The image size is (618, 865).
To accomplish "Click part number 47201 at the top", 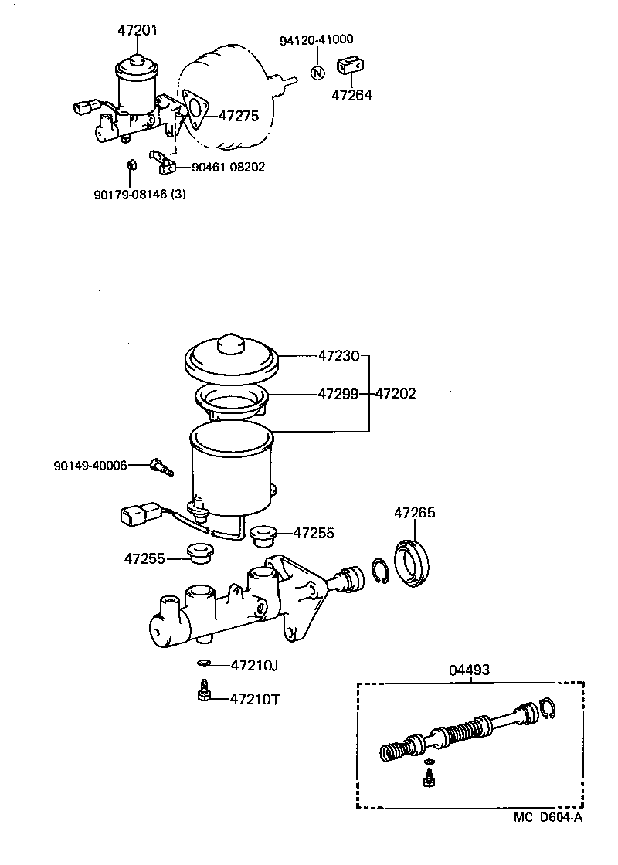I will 137,30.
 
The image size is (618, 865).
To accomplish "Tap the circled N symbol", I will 317,73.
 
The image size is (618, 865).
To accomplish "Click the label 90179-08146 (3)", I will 140,194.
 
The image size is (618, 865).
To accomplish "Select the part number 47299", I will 338,393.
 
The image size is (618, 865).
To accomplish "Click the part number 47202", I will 396,393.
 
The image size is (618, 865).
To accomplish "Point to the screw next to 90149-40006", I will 161,466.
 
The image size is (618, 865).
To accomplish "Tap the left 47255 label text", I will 144,557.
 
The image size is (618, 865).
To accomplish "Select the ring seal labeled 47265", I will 414,561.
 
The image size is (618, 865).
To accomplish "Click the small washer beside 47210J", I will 204,664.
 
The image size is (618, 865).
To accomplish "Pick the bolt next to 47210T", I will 205,691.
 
